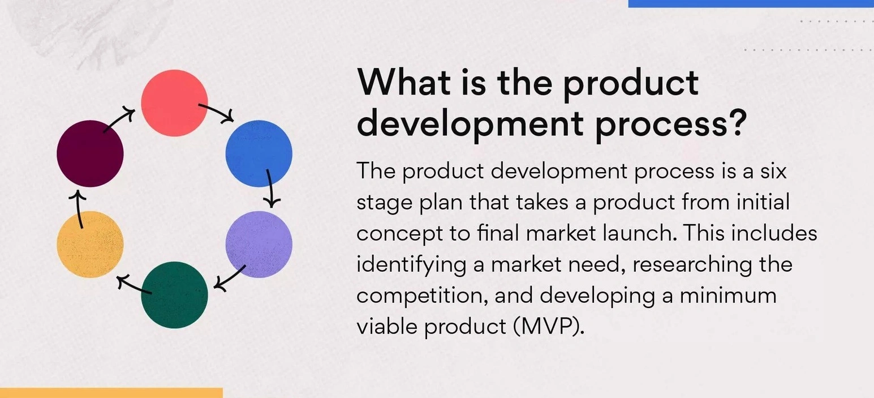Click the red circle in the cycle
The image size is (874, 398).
tap(174, 103)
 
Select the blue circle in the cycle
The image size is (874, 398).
tap(259, 153)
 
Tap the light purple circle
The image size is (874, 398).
tap(259, 245)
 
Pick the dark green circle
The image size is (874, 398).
tap(174, 295)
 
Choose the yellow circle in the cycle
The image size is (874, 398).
tap(90, 245)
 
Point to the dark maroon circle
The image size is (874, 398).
tap(90, 153)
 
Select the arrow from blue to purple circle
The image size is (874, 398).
tap(270, 189)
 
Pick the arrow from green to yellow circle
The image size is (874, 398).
tap(134, 285)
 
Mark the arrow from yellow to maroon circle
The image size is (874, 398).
tap(79, 209)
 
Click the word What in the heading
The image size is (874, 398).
tap(404, 82)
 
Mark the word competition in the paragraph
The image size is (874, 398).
tap(423, 296)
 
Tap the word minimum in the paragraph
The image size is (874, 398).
tap(728, 296)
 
